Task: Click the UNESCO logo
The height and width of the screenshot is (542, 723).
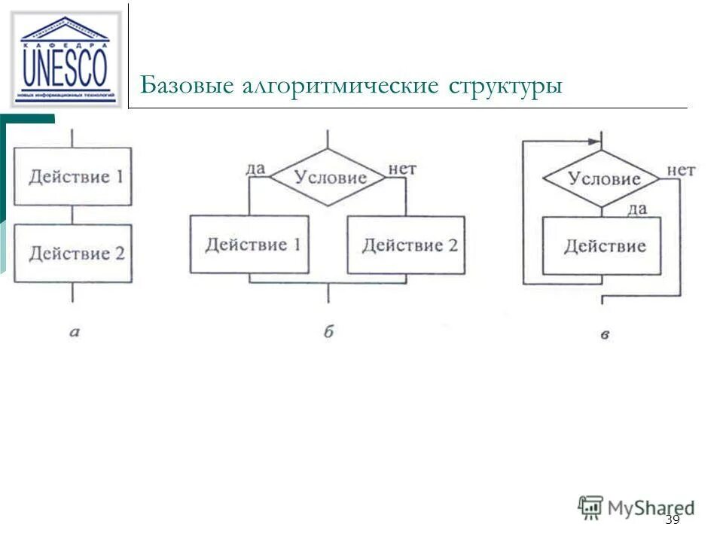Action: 65,59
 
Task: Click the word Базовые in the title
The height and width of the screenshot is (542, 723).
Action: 186,84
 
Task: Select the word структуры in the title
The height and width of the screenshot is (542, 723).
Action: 505,85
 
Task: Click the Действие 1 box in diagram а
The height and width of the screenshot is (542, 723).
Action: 74,177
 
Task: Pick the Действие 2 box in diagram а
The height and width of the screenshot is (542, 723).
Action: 74,254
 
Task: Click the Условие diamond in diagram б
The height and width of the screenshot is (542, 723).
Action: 328,178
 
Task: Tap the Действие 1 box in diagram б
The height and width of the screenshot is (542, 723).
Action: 249,245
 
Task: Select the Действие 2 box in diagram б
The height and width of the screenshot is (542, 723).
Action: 406,245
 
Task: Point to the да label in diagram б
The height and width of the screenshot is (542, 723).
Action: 255,167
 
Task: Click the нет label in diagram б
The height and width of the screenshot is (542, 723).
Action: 401,168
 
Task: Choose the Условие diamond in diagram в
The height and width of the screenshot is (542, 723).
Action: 602,178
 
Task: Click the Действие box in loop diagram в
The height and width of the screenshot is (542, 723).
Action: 602,246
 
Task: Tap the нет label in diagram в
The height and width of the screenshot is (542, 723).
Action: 680,170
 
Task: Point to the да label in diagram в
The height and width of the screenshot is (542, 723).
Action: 637,209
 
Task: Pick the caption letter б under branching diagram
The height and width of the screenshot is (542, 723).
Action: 328,331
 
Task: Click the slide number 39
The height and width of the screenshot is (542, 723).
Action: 673,520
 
